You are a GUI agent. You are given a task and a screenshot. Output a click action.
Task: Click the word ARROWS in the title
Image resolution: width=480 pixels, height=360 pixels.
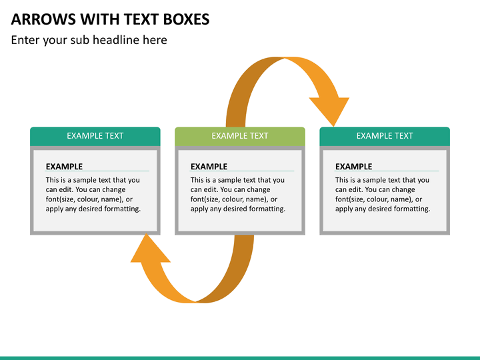pos(43,19)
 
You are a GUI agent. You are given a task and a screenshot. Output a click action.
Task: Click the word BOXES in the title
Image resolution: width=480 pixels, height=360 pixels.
pos(187,19)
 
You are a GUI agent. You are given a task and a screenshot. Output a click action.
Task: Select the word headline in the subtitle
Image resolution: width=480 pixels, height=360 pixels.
pos(116,40)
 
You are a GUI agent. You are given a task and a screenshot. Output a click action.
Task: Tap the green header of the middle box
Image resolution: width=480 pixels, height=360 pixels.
pos(240,136)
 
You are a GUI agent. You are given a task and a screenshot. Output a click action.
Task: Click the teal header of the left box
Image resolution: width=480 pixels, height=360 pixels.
pos(95,136)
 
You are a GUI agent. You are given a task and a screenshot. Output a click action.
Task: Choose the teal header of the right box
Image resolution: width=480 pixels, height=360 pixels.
pos(385,136)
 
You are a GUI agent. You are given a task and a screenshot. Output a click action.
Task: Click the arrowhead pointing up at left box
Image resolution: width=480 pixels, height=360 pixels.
pos(149,249)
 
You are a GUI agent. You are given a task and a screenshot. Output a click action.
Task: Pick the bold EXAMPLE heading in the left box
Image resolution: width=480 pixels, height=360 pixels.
pos(64,167)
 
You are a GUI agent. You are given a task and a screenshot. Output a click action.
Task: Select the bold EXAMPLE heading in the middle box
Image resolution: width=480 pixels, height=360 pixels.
pos(209,167)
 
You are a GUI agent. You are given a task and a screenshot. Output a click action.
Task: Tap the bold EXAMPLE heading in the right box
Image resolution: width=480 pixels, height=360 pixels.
pos(354,167)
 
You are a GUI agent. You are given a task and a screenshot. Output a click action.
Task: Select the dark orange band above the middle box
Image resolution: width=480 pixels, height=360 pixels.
pos(242,92)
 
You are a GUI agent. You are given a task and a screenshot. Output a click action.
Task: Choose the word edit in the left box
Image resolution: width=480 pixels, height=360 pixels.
pos(65,190)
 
